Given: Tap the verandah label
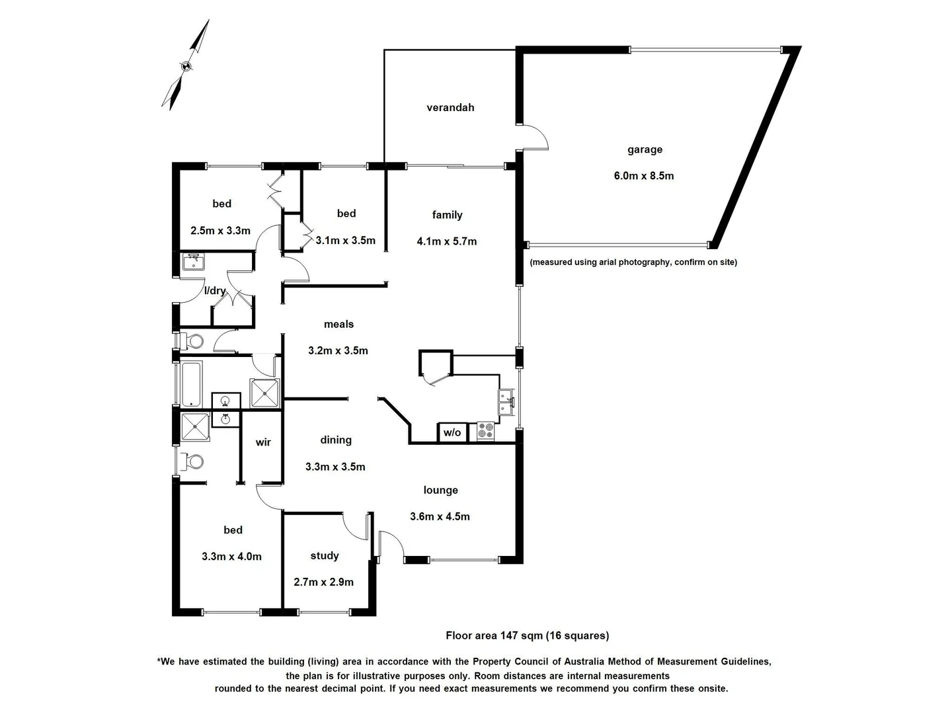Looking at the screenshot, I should tap(450, 108).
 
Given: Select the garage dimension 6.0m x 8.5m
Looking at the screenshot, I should tap(643, 176).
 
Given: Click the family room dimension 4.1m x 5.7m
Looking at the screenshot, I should tap(446, 241).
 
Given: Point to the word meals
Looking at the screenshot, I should tap(338, 324).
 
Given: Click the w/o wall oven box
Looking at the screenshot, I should tap(452, 433).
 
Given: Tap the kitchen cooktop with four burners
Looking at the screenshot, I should tap(485, 431).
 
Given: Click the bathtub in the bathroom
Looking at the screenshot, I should tap(192, 383).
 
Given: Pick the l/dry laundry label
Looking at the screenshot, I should tap(215, 290).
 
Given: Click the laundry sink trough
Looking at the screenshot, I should tap(193, 262).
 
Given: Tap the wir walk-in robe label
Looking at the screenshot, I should tap(263, 442).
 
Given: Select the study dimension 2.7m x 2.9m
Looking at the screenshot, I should tap(323, 582).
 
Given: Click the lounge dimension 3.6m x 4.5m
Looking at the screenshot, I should tap(440, 516).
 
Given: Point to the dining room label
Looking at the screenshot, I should tap(336, 440).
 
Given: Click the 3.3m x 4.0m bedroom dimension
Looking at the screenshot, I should tap(231, 557).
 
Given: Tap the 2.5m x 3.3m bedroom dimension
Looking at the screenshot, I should tap(220, 231).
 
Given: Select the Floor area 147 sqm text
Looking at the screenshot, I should tap(527, 635).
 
